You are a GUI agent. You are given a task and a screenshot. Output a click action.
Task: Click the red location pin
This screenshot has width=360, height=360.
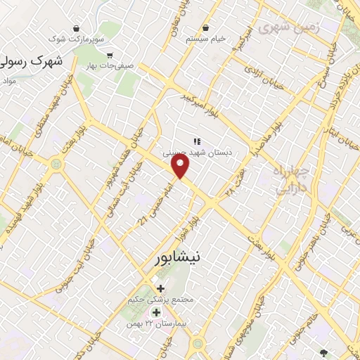[181, 166]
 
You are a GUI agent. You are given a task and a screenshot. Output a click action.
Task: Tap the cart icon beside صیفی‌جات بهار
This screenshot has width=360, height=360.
[110, 55]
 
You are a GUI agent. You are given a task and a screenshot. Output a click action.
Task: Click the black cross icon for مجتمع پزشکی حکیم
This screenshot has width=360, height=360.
[161, 288]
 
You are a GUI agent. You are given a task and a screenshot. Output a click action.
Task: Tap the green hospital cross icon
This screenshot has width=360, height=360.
[156, 312]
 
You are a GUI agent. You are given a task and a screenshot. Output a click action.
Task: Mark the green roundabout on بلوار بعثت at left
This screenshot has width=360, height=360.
[56, 164]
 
